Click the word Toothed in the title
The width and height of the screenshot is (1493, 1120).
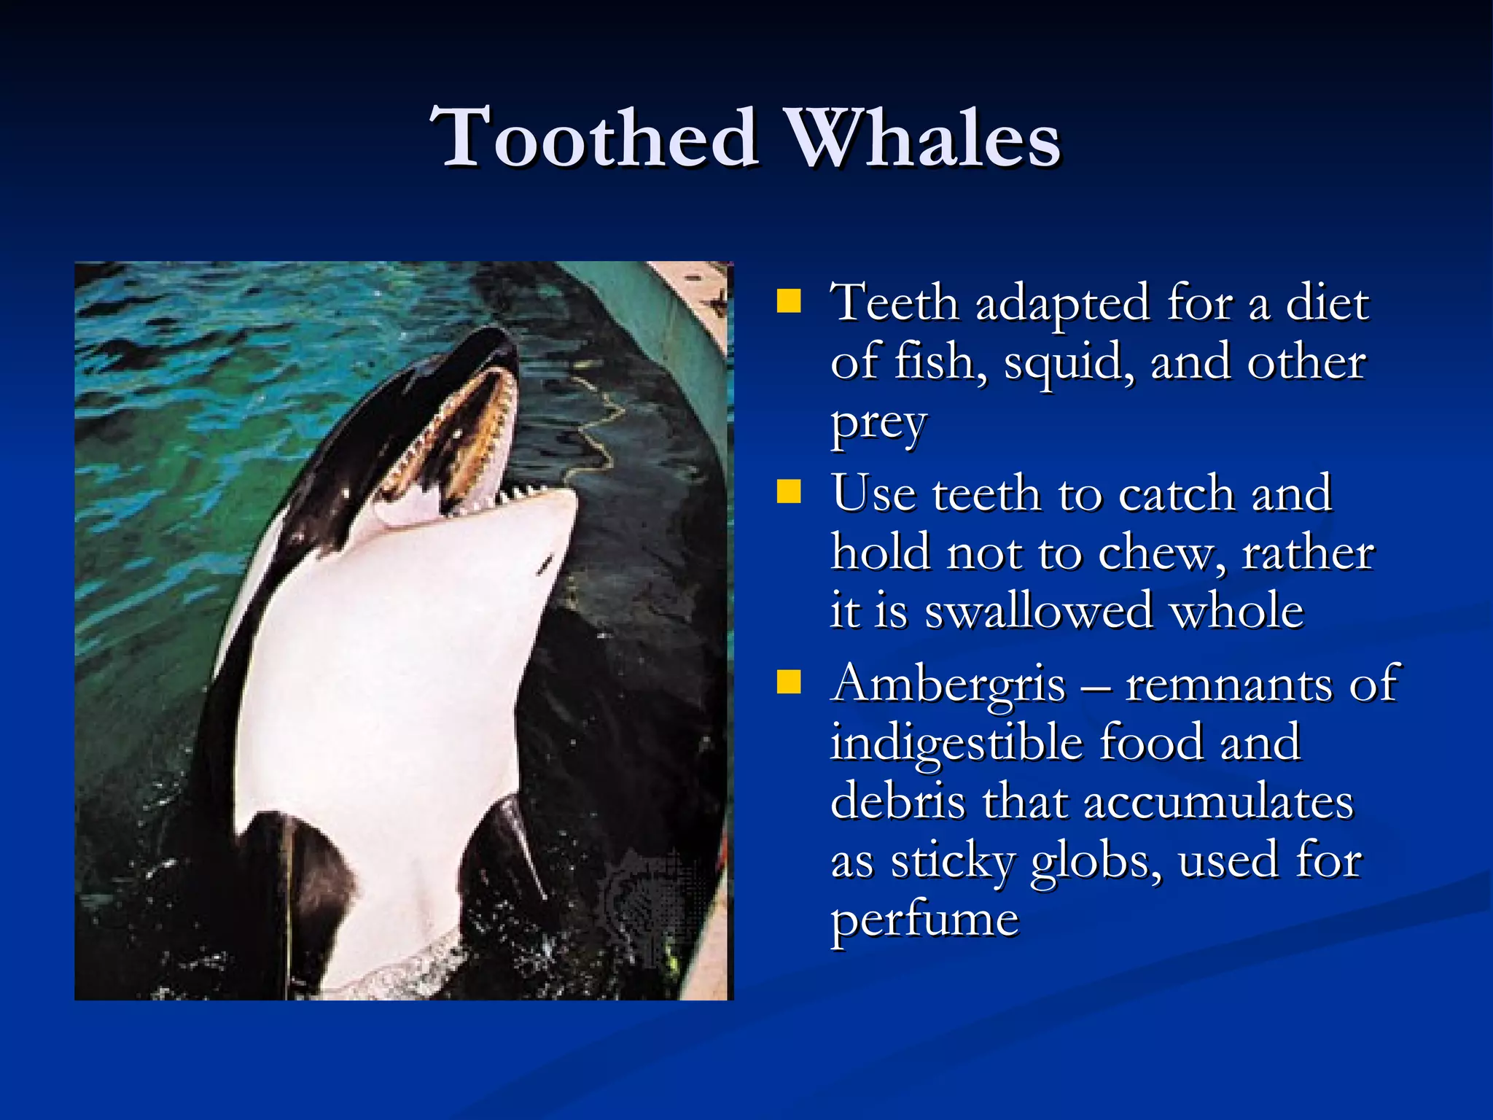pos(594,137)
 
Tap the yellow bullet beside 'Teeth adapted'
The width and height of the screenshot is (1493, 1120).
pos(788,301)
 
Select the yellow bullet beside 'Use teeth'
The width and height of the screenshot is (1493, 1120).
pos(788,491)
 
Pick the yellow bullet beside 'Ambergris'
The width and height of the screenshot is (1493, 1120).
pos(788,682)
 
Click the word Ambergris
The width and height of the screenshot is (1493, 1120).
pos(948,685)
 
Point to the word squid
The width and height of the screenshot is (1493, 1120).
pos(1069,362)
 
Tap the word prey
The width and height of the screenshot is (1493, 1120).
pos(878,423)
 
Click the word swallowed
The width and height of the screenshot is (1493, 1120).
pos(1039,611)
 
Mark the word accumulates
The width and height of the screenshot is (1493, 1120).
pos(1219,802)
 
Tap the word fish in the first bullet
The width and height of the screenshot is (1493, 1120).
pos(940,362)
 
